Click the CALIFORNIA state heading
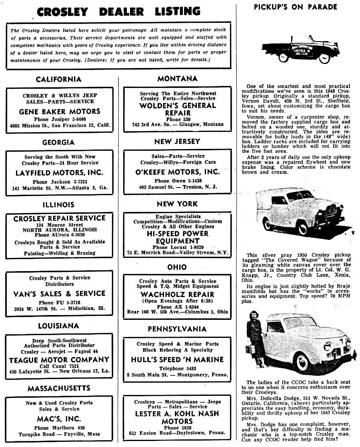pyautogui.click(x=58, y=79)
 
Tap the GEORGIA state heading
pyautogui.click(x=58, y=142)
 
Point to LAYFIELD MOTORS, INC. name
pyautogui.click(x=59, y=173)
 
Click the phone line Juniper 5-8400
pyautogui.click(x=60, y=119)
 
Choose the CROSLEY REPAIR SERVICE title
pyautogui.click(x=59, y=218)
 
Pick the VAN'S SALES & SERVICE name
pyautogui.click(x=59, y=293)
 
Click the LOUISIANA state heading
pyautogui.click(x=58, y=326)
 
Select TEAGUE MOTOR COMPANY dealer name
pyautogui.click(x=59, y=360)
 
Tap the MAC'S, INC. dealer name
pyautogui.click(x=59, y=419)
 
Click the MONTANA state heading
pyautogui.click(x=177, y=79)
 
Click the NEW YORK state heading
pyautogui.click(x=177, y=204)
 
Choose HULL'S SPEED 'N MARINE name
pyautogui.click(x=177, y=359)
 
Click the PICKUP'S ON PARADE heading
pyautogui.click(x=295, y=7)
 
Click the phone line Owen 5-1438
pyautogui.click(x=178, y=181)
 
